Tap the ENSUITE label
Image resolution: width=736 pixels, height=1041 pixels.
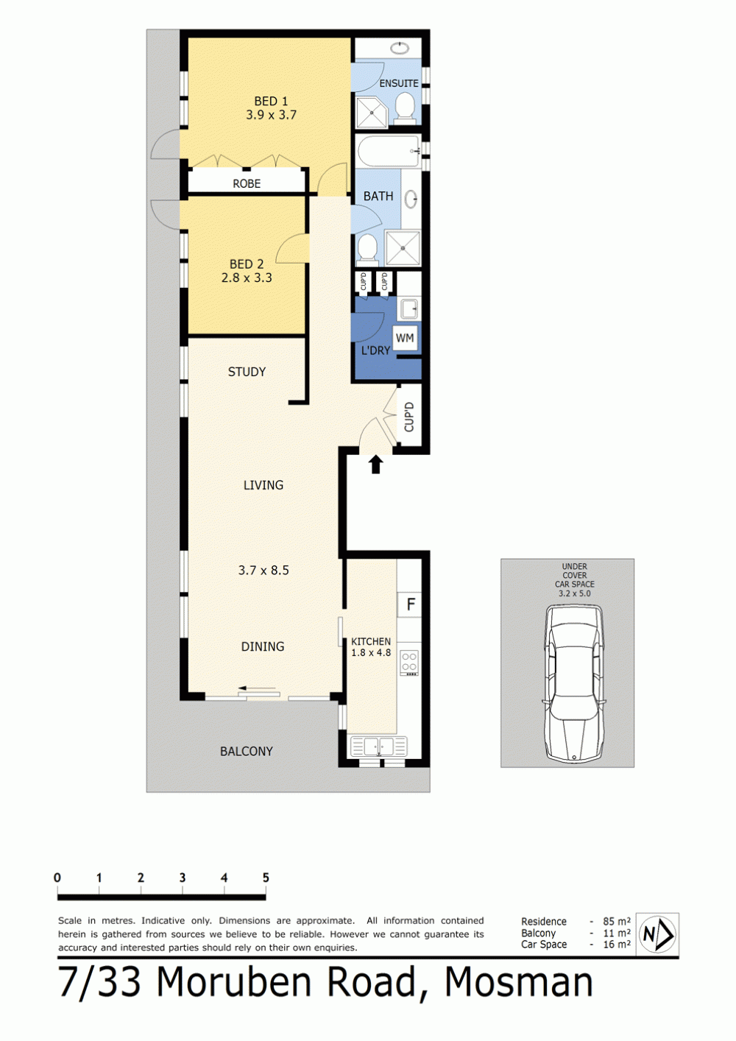point(399,83)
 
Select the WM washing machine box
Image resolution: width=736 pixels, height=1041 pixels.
point(405,338)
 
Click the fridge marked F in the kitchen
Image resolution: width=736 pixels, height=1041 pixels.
point(410,604)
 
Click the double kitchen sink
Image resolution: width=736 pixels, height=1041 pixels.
point(379,747)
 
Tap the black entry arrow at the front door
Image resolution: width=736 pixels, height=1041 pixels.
point(376,465)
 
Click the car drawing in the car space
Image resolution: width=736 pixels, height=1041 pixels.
point(574,683)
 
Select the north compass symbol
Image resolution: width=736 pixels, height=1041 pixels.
point(657,934)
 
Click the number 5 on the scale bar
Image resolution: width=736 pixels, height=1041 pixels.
point(266,878)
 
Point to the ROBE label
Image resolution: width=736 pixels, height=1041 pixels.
point(247,183)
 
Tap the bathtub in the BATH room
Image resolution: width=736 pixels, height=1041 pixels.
point(389,152)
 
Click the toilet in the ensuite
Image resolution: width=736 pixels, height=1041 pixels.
point(406,107)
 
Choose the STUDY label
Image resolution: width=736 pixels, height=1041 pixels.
point(247,372)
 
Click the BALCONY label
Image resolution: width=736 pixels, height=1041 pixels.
point(247,752)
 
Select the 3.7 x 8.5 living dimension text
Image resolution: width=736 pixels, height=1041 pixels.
point(263,571)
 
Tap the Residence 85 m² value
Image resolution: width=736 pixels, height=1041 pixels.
point(617,921)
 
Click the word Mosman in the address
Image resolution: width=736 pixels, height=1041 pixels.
point(519,982)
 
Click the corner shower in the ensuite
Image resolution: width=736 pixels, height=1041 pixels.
point(372,112)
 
